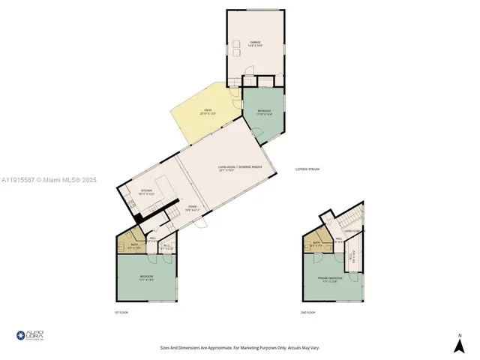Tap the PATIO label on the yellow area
[206, 112]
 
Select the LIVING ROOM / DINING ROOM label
[240, 168]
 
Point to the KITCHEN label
[146, 192]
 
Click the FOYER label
[172, 208]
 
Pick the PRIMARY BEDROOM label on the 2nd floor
[329, 279]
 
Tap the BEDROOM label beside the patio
[263, 112]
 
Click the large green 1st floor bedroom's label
[146, 277]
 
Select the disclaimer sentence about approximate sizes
[239, 347]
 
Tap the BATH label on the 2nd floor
[317, 244]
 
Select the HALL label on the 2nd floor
[338, 241]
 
